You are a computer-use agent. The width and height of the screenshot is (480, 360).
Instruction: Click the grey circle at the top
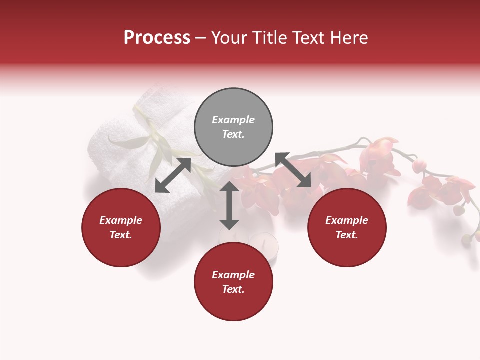[233, 127]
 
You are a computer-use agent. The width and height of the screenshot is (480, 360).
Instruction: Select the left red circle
[121, 227]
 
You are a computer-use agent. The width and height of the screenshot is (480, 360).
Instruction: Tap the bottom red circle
[233, 282]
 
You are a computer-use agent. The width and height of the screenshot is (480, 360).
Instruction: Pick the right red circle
[347, 227]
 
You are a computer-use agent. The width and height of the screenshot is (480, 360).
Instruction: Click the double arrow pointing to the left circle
[173, 175]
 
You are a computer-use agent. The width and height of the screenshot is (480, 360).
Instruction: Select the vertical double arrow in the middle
[229, 205]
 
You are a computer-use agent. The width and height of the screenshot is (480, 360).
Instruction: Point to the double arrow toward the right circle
[293, 170]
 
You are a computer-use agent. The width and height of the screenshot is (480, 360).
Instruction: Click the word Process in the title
[157, 37]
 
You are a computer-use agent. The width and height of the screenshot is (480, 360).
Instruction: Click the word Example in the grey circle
[233, 120]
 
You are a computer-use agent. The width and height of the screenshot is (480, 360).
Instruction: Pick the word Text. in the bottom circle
[233, 289]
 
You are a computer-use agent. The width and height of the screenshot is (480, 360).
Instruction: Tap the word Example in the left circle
[121, 220]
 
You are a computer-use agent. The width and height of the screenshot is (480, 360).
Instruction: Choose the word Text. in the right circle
[347, 235]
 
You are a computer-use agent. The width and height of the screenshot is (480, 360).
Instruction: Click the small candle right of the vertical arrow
[263, 246]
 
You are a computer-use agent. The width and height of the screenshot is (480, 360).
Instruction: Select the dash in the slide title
[201, 38]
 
